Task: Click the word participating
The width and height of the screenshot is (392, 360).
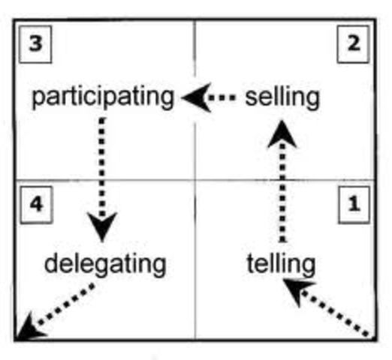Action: point(103,98)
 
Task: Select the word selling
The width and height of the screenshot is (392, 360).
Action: point(283,97)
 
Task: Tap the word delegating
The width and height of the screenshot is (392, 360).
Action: point(105,263)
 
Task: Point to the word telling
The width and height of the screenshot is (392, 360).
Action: point(281,263)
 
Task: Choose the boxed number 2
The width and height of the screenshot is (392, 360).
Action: point(352,43)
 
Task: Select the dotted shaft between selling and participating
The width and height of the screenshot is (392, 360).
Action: point(222,97)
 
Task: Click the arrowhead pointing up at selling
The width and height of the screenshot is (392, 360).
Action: point(282,135)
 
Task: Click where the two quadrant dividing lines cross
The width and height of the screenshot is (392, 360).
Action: point(195,180)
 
